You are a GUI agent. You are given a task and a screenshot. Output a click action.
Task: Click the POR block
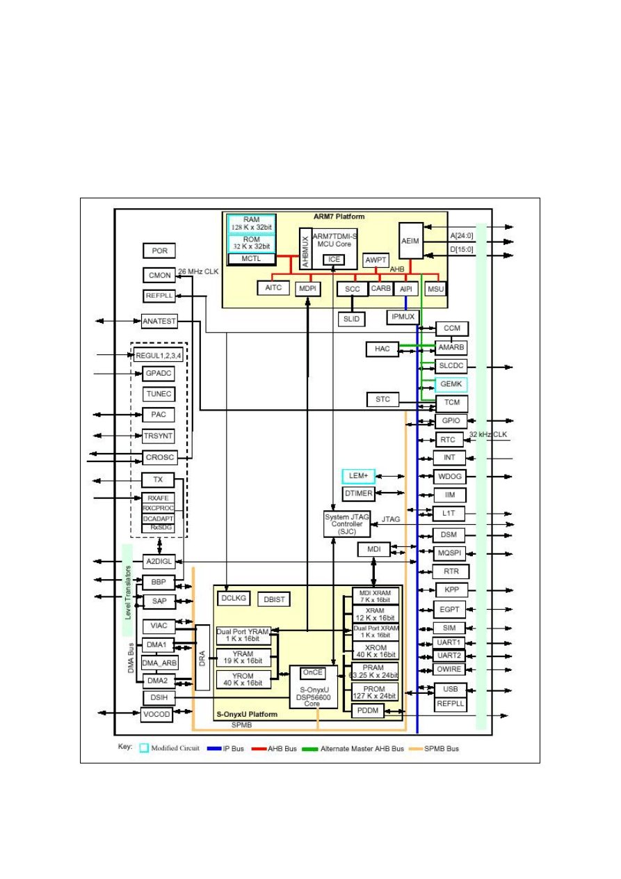click(159, 251)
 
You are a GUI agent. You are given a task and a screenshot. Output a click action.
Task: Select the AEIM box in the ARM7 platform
click(411, 241)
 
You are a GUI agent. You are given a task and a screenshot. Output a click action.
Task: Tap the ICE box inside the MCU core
click(334, 260)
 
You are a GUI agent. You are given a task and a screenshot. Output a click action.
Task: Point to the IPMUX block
click(402, 317)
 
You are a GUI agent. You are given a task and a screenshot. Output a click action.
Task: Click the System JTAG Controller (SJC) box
click(347, 523)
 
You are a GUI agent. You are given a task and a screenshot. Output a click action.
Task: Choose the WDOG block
click(450, 477)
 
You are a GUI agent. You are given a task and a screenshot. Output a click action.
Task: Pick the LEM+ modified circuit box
click(359, 476)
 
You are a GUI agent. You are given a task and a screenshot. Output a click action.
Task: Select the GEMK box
click(450, 384)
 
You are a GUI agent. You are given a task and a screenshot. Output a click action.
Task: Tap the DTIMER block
click(359, 493)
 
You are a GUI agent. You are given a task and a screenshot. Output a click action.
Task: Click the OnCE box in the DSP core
click(312, 673)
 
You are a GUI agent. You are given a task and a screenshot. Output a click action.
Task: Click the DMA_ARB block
click(159, 663)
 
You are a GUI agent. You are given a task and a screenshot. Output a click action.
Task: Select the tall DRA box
click(202, 657)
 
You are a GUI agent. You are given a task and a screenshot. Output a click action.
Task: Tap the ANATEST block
click(159, 322)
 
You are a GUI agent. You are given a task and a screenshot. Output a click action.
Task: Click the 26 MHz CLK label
click(198, 271)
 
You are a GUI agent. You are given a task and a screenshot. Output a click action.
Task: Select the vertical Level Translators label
click(128, 592)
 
